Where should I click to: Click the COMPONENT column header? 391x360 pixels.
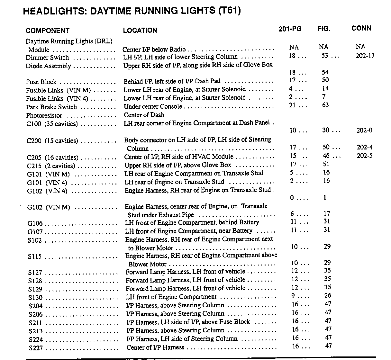[x=47, y=31]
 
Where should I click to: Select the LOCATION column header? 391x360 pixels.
[x=140, y=31]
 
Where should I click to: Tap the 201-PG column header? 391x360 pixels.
[x=290, y=29]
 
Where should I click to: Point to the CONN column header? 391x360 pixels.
[x=361, y=28]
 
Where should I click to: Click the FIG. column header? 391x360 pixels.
[x=323, y=29]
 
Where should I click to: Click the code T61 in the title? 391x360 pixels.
[x=229, y=11]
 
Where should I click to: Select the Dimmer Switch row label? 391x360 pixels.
[x=47, y=58]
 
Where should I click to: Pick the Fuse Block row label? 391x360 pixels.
[x=41, y=82]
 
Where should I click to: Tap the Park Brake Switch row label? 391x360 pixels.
[x=51, y=107]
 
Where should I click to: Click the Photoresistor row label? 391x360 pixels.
[x=44, y=115]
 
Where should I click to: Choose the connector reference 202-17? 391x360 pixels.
[x=365, y=56]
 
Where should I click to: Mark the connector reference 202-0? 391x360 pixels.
[x=364, y=130]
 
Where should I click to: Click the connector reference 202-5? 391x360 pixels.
[x=365, y=156]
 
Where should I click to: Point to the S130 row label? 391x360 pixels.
[x=35, y=298]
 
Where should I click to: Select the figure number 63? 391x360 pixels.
[x=325, y=105]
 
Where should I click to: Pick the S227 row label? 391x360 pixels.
[x=36, y=348]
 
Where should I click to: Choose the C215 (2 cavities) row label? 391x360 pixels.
[x=51, y=166]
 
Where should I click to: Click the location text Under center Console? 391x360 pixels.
[x=153, y=106]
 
